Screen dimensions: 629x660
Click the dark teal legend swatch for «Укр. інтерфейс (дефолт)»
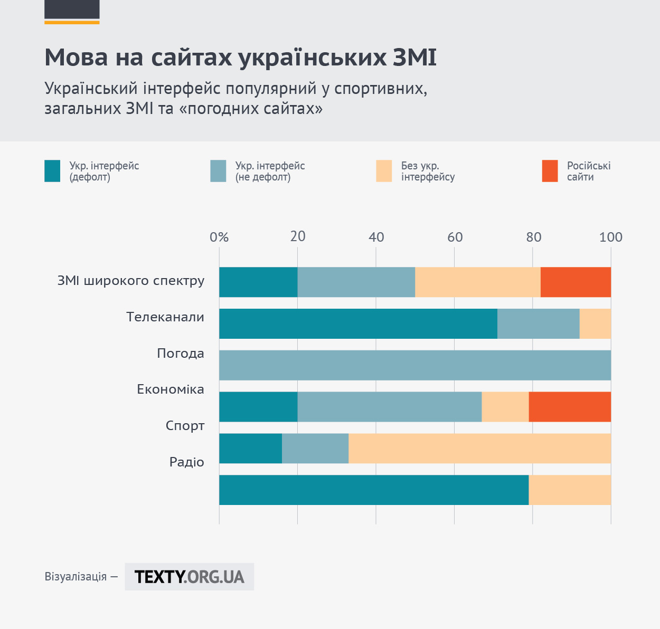(52, 171)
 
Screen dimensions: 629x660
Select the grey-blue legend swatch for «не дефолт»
(218, 171)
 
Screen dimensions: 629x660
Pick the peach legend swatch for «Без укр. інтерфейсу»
(384, 171)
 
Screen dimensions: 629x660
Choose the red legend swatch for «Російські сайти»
(550, 171)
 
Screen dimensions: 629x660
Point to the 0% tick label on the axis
(219, 237)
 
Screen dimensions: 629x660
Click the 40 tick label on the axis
(376, 237)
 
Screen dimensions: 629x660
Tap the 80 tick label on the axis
(533, 237)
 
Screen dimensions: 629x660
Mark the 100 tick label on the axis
(611, 237)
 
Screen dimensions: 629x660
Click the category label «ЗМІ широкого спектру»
(131, 281)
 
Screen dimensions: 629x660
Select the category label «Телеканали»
(165, 317)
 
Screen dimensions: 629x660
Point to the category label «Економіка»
(171, 389)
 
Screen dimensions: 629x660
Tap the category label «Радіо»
(187, 462)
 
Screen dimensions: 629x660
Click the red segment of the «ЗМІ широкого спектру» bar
(576, 282)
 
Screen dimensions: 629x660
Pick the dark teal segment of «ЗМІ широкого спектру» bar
(258, 282)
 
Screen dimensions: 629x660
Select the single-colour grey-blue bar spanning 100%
(415, 365)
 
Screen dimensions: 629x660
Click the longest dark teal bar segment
(374, 490)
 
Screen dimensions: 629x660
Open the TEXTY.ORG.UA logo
(190, 577)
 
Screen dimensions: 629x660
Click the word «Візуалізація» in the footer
(76, 577)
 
